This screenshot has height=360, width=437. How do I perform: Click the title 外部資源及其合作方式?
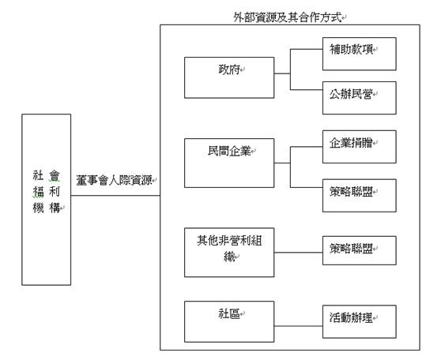click(x=288, y=17)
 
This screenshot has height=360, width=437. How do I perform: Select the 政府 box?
click(x=229, y=77)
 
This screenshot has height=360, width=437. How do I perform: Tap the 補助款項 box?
click(x=360, y=54)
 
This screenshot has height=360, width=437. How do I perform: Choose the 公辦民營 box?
click(x=360, y=98)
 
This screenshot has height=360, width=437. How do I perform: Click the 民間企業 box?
click(x=229, y=163)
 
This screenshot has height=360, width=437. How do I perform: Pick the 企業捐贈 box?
click(x=360, y=147)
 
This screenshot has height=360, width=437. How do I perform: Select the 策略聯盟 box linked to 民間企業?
click(x=360, y=196)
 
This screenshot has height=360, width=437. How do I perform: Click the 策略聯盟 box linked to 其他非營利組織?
click(x=360, y=250)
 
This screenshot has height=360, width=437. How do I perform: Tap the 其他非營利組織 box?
click(x=229, y=253)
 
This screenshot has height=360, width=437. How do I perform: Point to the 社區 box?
click(x=229, y=321)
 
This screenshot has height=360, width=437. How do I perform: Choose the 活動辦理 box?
click(x=360, y=321)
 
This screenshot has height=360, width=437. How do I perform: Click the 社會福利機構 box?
click(x=47, y=200)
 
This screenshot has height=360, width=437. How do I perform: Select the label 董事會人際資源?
click(x=115, y=181)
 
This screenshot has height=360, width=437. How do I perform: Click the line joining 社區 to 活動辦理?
click(x=298, y=326)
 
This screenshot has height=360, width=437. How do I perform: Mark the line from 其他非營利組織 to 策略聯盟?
click(x=298, y=253)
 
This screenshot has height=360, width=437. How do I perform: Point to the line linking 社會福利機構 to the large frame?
click(x=115, y=196)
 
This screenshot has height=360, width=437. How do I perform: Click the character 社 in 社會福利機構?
click(x=38, y=175)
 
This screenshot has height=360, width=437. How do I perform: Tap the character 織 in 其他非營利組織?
click(x=229, y=257)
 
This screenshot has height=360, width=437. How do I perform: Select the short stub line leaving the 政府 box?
click(x=282, y=73)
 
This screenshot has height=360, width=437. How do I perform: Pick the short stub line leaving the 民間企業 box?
click(x=282, y=163)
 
